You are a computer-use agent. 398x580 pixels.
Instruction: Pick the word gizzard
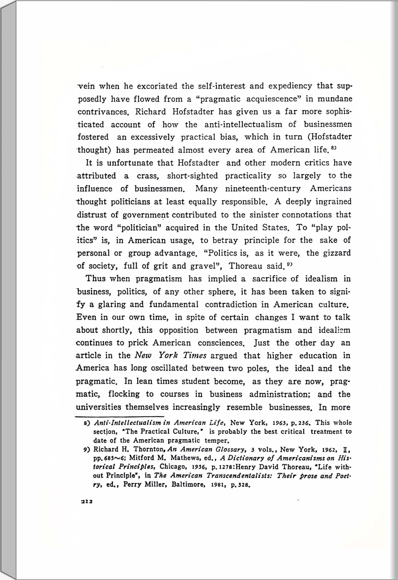pos(337,253)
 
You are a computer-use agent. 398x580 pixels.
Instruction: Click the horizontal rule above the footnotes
pos(120,417)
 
